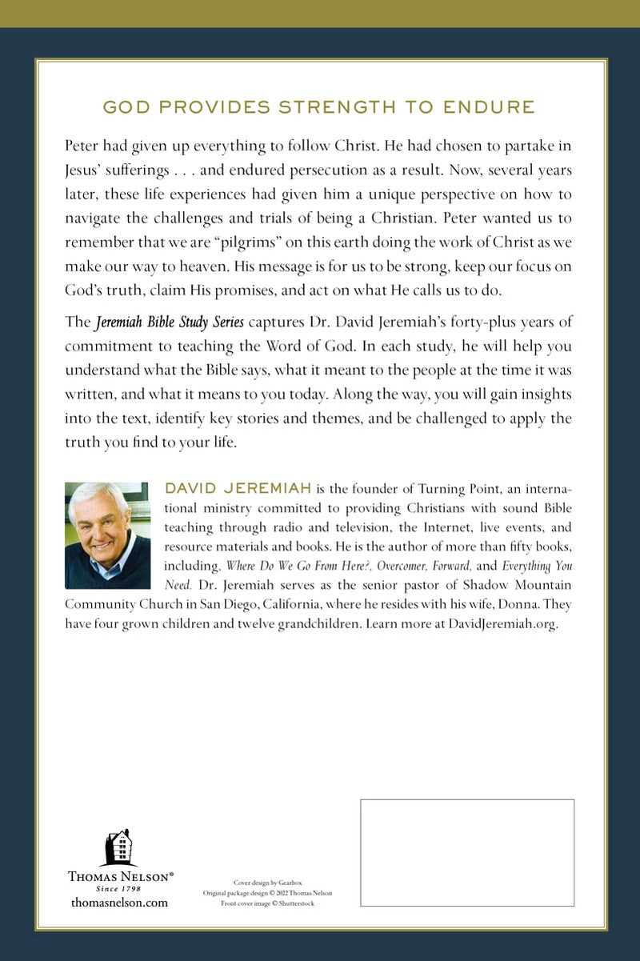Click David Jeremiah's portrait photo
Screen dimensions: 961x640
(x=107, y=535)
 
